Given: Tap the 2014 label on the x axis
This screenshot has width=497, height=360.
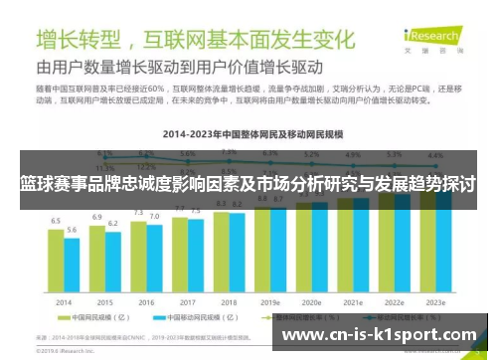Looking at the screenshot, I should [64, 301].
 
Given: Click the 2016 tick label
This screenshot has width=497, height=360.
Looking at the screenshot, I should [146, 301].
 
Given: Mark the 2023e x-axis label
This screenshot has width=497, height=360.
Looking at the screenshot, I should [435, 301].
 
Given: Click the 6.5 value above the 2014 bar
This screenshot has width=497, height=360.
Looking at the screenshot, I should [56, 220].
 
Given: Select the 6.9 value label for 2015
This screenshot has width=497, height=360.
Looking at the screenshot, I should [97, 216].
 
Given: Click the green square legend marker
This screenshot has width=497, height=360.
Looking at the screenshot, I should [62, 319].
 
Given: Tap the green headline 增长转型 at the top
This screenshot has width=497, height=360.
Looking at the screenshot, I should [80, 40].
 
